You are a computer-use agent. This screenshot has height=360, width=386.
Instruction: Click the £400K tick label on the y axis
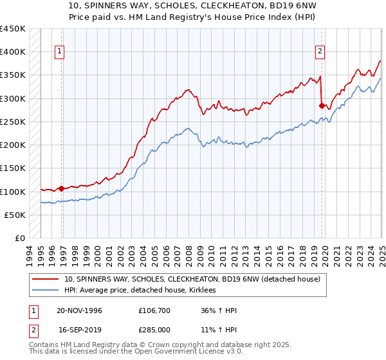click(13, 52)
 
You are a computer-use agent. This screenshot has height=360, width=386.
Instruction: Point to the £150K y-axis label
click(13, 168)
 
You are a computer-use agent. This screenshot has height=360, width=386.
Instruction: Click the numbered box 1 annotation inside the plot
click(59, 52)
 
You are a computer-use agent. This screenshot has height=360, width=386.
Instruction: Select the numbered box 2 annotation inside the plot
click(320, 52)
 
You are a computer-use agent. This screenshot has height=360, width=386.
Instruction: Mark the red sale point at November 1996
click(62, 189)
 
